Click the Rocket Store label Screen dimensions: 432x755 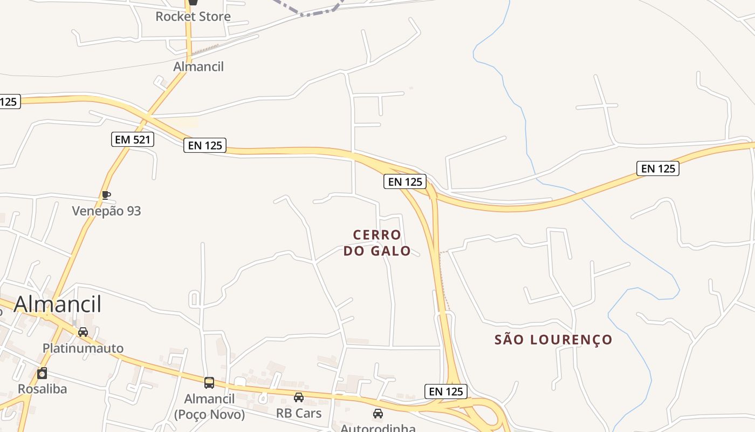[193, 16]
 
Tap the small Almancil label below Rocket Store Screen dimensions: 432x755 [198, 66]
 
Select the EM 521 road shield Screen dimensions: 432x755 [133, 139]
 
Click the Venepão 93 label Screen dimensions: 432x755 [106, 211]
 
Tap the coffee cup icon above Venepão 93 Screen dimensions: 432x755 [106, 195]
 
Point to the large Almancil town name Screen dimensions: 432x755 [57, 304]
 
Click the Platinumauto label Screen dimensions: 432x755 [83, 348]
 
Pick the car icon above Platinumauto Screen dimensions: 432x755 [83, 332]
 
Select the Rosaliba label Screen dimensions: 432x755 [42, 389]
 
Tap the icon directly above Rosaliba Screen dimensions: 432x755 [42, 373]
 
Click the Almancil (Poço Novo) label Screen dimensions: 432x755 [209, 407]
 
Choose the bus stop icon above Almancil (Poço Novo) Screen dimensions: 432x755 [209, 383]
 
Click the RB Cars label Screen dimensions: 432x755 [299, 413]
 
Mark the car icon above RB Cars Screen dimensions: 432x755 [299, 397]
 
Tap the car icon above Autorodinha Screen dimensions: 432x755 [378, 414]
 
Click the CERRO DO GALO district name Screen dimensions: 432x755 [377, 243]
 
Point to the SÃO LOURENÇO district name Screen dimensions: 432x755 [553, 340]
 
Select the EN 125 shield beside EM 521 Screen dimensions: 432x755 [204, 145]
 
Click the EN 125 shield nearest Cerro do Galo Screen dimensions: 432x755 [405, 181]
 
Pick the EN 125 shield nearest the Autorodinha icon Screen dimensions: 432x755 [445, 391]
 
